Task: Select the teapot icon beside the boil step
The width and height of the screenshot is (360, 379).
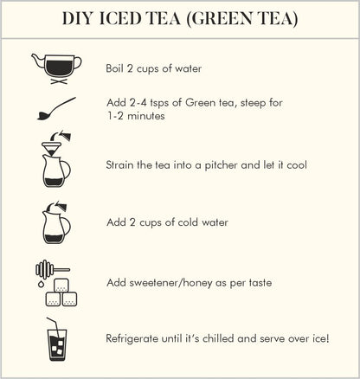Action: click(x=56, y=68)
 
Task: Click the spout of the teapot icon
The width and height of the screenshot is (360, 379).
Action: click(x=37, y=59)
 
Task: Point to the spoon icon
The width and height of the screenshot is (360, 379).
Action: click(x=56, y=109)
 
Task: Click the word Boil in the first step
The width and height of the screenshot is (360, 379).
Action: click(x=115, y=68)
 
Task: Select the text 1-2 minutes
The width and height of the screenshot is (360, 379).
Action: click(x=136, y=116)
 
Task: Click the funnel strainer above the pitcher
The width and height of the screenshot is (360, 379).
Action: click(x=51, y=148)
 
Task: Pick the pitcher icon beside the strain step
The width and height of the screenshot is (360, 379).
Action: click(x=56, y=170)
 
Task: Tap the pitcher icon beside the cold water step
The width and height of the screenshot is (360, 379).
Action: click(x=56, y=223)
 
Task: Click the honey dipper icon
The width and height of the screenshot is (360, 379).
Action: click(x=52, y=269)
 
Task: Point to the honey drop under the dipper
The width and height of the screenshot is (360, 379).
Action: click(x=41, y=284)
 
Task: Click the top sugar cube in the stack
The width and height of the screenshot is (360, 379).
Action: click(x=61, y=286)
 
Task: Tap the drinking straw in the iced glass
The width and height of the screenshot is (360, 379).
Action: click(x=55, y=329)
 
